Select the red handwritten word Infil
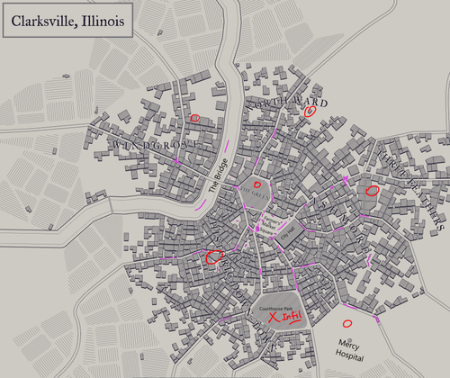point(291,317)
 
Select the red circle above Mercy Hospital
point(346,323)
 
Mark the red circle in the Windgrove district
point(195,118)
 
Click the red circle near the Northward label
point(310,112)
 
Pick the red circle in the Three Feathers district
point(372,191)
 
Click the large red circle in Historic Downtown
point(213,256)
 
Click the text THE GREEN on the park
point(256,193)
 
